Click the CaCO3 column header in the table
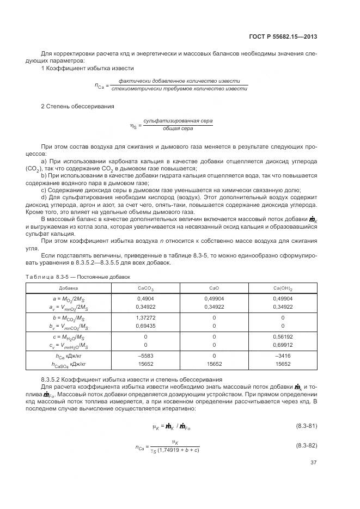145,288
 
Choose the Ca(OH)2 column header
283,288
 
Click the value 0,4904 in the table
145,298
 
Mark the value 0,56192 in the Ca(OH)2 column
283,336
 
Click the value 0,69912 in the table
283,345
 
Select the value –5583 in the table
145,356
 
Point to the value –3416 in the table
283,356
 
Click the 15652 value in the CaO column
214,364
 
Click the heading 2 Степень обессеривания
77,106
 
